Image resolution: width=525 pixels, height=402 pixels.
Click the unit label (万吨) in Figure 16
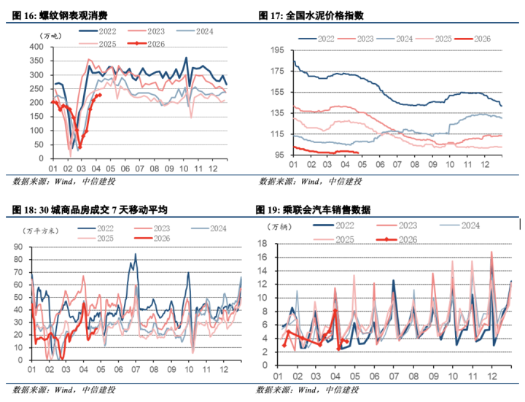[x=53, y=35]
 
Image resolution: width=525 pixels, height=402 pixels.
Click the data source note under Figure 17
[x=310, y=181]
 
